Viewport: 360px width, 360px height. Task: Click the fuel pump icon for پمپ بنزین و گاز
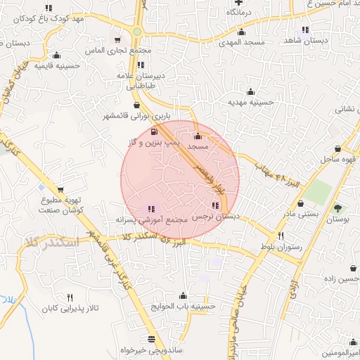point(154,132)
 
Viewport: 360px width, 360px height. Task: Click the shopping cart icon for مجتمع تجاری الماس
point(117,41)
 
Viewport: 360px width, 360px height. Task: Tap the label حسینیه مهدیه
point(250,102)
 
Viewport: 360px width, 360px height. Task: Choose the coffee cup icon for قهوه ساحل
point(340,148)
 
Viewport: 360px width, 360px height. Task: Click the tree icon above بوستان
point(337,208)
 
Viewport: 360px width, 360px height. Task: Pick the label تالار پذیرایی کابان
point(67,309)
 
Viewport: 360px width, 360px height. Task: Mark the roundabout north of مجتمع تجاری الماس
point(136,32)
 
